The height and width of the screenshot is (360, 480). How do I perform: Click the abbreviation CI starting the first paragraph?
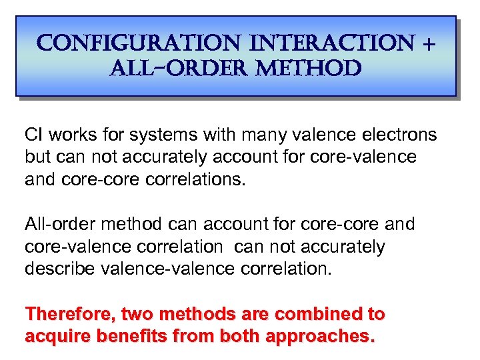pos(33,135)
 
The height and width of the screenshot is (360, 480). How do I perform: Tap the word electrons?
pos(400,135)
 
